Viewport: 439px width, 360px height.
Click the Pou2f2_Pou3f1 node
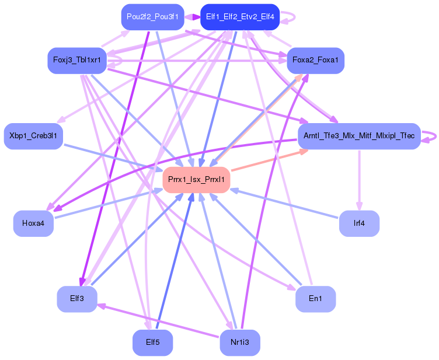coord(152,17)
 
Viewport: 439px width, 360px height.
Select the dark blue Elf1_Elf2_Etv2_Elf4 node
coord(240,17)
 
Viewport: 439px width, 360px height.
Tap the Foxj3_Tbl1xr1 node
coord(77,61)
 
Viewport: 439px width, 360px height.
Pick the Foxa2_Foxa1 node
coord(315,61)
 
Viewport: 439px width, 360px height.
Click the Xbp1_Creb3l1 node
coord(33,136)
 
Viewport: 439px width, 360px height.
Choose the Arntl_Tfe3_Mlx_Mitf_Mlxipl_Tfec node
coord(359,136)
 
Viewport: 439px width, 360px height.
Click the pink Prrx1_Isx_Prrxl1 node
coord(196,180)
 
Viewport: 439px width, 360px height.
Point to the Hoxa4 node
coord(33,223)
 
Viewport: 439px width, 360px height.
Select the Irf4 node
coord(359,223)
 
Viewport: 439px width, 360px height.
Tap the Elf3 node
coord(77,299)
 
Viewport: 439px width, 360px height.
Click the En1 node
coord(315,299)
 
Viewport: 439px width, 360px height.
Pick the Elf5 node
coord(152,342)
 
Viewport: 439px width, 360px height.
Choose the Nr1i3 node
coord(240,342)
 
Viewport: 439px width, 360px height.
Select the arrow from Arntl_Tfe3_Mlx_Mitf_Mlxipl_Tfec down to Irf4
coord(360,180)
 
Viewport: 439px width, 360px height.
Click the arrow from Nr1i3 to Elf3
coord(158,320)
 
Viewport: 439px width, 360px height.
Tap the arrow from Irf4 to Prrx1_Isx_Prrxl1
coord(284,204)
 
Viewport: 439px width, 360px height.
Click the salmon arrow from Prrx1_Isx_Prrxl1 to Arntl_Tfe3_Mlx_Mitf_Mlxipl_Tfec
coord(269,160)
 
